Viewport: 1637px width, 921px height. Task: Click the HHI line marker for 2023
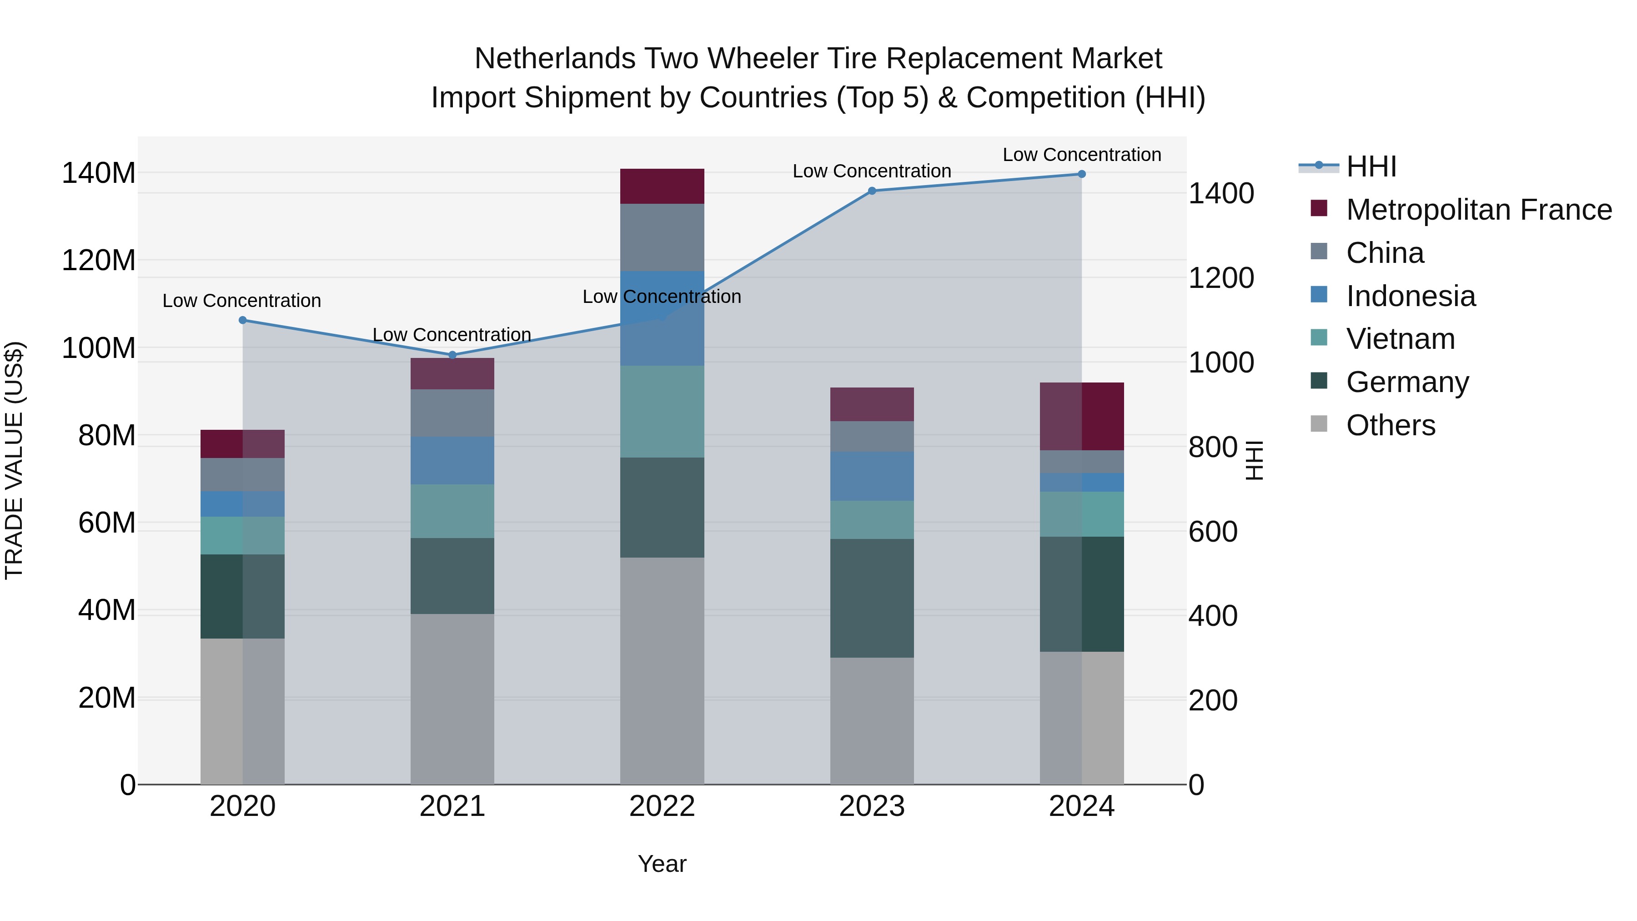872,191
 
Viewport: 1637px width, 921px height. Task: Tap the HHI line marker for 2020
243,320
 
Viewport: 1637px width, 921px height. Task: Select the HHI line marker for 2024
1082,174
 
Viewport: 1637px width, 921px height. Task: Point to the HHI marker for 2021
452,355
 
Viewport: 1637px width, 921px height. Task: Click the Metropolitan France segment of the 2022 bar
662,186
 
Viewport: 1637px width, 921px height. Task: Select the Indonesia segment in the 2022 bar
662,318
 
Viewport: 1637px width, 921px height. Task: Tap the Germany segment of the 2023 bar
872,598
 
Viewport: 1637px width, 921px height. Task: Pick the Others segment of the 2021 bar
452,699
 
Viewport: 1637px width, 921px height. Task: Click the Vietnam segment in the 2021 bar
452,511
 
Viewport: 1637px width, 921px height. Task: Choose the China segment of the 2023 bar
872,437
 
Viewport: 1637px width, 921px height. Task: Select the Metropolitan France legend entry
1478,210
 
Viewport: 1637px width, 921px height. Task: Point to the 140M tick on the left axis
99,173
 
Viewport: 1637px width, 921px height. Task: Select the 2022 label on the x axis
662,806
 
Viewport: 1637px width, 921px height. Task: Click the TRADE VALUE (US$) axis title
14,460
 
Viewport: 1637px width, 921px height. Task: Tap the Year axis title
662,864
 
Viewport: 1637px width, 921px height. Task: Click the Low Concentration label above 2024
1082,155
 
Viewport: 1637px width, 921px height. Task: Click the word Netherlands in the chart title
554,59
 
